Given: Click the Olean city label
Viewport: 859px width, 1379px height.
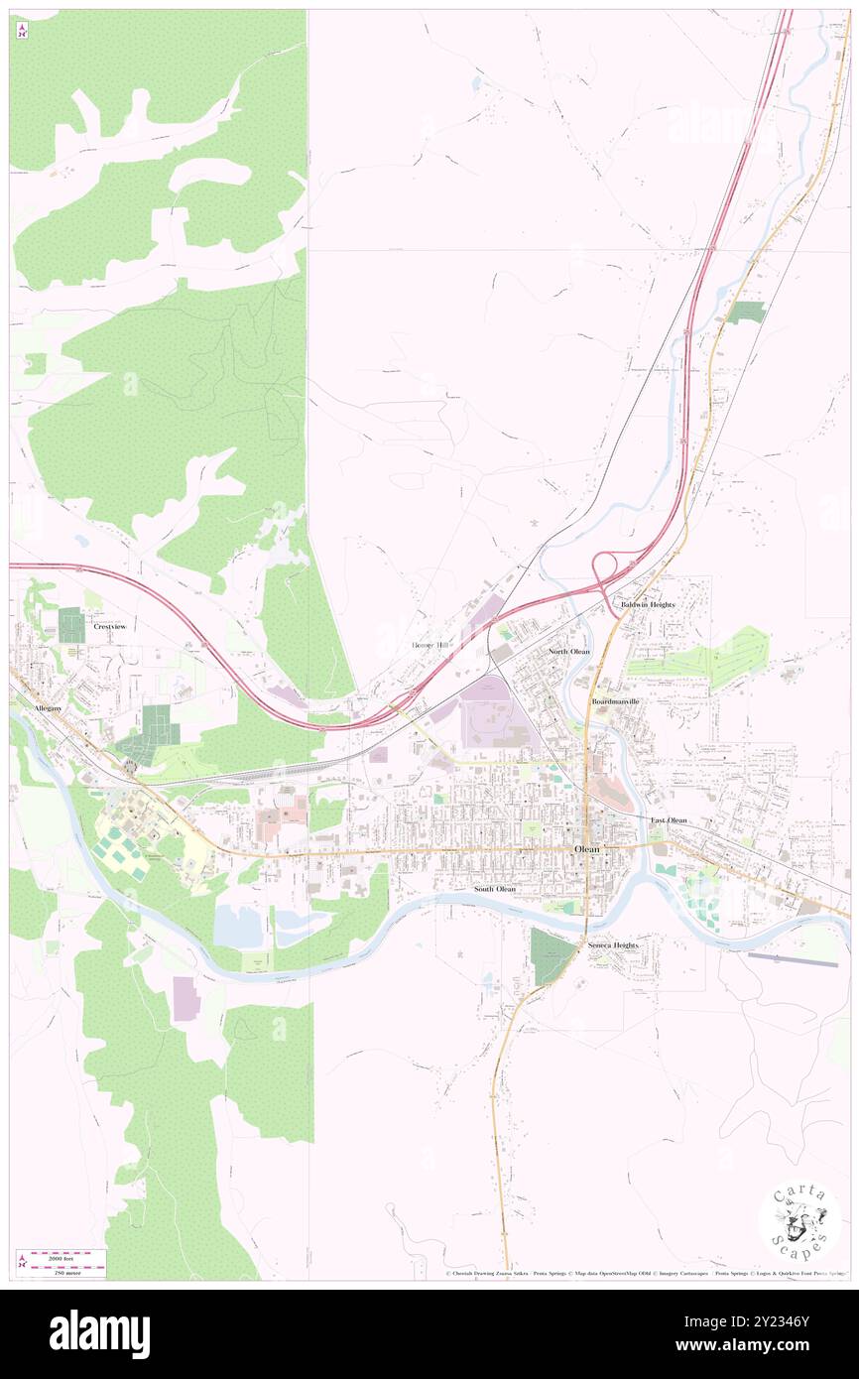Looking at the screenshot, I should (586, 850).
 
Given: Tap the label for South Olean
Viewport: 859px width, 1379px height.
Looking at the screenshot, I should (494, 889).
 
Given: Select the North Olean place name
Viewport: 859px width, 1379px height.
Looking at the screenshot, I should (569, 651).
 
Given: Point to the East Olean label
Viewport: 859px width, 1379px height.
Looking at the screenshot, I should (669, 820).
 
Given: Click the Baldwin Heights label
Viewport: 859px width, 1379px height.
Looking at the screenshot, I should (648, 604).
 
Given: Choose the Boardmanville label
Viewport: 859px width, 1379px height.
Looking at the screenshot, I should (616, 701).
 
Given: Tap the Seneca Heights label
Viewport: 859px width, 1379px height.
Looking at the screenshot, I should (612, 945).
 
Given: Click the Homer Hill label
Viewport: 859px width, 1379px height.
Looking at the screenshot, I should (429, 645).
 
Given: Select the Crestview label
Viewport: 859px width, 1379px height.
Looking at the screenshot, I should (110, 627).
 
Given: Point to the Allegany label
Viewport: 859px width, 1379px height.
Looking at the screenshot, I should (48, 709).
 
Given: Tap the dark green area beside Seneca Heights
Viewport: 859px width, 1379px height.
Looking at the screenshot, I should (551, 956).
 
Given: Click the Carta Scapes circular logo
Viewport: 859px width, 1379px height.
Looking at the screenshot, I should (798, 1223).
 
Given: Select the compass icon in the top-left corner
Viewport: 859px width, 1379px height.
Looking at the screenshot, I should (22, 32).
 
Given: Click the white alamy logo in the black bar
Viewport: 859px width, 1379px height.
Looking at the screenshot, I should (99, 1334).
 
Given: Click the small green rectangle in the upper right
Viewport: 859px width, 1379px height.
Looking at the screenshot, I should (745, 312).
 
